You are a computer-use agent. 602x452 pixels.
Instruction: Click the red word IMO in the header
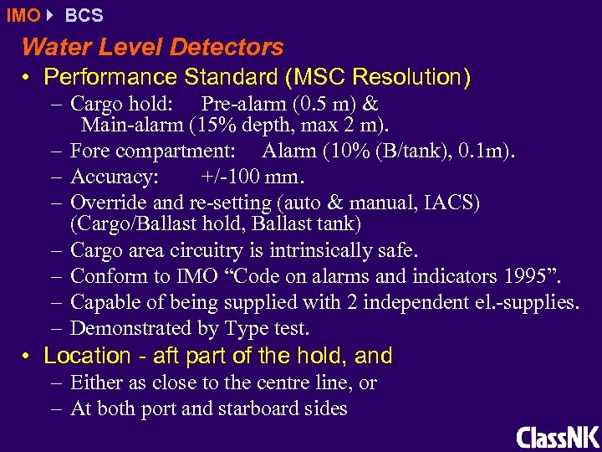(22, 15)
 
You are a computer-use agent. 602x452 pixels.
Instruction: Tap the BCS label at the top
(84, 15)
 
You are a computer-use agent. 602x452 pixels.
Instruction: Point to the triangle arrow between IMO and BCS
(50, 15)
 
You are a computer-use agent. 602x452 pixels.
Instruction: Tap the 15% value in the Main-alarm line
(213, 126)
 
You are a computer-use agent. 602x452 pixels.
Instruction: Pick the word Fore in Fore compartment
(89, 152)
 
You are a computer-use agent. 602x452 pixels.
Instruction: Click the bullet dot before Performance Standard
(28, 78)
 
